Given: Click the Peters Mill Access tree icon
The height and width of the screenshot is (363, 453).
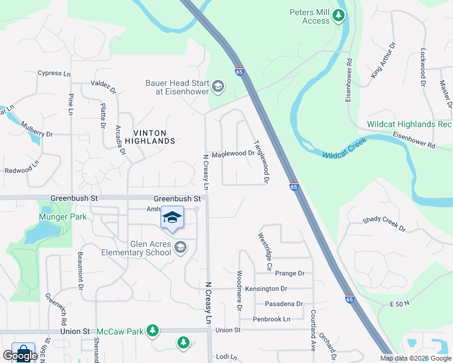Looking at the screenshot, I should click(x=340, y=16).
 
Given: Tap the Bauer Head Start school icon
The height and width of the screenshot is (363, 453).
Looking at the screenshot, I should click(x=218, y=88).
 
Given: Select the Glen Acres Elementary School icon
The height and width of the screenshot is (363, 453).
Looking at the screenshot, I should click(x=180, y=247).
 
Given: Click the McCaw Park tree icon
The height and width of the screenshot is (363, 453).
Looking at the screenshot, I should click(x=153, y=330).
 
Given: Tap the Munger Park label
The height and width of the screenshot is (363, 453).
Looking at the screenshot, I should click(x=59, y=217).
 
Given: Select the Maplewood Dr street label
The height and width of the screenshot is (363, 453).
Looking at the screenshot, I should click(x=233, y=154).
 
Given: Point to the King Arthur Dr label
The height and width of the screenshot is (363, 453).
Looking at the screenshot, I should click(x=383, y=60).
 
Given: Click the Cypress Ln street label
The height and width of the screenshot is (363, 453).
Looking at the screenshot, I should click(x=54, y=73).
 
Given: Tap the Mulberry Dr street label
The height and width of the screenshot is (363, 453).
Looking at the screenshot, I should click(x=37, y=130).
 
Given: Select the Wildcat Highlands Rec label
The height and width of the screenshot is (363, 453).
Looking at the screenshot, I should click(x=409, y=125).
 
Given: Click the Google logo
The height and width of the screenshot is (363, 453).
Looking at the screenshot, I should click(x=20, y=356).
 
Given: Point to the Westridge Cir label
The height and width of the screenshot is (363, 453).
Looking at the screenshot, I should click(x=265, y=251).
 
